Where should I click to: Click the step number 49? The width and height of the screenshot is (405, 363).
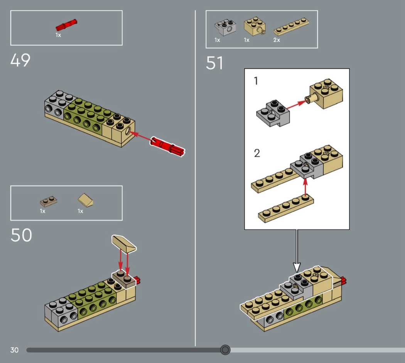pyautogui.click(x=20, y=61)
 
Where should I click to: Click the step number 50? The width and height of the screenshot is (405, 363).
pyautogui.click(x=21, y=235)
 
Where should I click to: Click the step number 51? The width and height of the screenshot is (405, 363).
pyautogui.click(x=214, y=63)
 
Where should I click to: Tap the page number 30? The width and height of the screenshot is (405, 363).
pyautogui.click(x=15, y=350)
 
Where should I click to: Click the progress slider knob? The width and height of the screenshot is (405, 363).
pyautogui.click(x=225, y=350)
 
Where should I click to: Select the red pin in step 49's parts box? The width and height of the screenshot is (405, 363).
pyautogui.click(x=66, y=25)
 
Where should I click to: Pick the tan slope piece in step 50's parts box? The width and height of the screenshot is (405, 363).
pyautogui.click(x=86, y=200)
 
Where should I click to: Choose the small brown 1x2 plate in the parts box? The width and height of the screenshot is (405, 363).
pyautogui.click(x=49, y=201)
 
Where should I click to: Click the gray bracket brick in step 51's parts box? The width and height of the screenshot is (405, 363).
pyautogui.click(x=225, y=27)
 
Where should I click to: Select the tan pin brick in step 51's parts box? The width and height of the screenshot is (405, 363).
pyautogui.click(x=255, y=26)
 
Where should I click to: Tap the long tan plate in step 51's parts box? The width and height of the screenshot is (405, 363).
pyautogui.click(x=291, y=27)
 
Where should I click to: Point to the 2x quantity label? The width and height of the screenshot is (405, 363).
pyautogui.click(x=277, y=40)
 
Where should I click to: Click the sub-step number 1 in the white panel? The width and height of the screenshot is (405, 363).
pyautogui.click(x=256, y=81)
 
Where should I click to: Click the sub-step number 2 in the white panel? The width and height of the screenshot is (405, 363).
pyautogui.click(x=257, y=153)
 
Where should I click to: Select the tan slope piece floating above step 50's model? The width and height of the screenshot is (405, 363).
pyautogui.click(x=124, y=244)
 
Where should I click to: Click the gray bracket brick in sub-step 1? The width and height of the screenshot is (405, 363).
pyautogui.click(x=273, y=114)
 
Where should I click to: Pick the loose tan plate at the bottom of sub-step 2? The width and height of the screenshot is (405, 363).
pyautogui.click(x=286, y=209)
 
